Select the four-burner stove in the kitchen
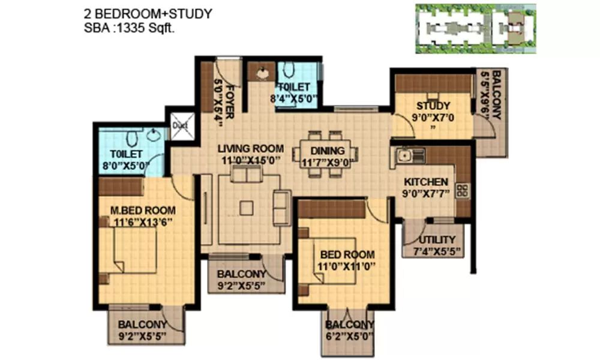click(x=463, y=191)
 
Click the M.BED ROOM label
click(x=143, y=211)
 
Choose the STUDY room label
click(x=433, y=107)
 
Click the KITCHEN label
click(x=425, y=182)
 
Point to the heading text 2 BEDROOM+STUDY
click(x=148, y=13)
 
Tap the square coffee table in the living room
click(x=246, y=208)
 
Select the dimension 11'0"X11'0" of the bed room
click(x=347, y=266)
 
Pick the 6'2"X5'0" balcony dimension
click(x=350, y=337)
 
